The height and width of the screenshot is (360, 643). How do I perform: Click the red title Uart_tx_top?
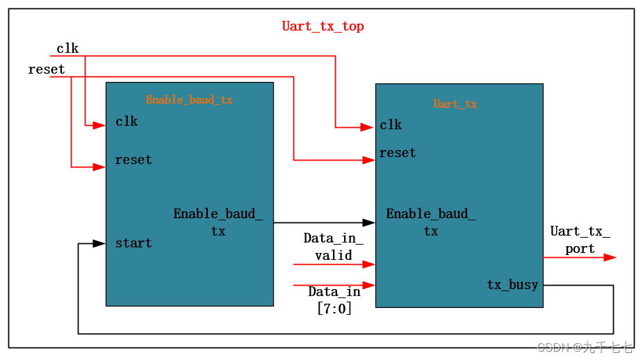[x=323, y=26]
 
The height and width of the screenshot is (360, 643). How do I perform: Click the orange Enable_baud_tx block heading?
[x=189, y=100]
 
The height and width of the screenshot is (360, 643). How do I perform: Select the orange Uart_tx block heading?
[x=455, y=104]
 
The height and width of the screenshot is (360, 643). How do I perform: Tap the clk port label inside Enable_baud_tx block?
[x=127, y=122]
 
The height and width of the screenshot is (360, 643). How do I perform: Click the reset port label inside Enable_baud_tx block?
[x=133, y=160]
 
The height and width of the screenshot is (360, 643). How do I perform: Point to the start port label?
[x=133, y=243]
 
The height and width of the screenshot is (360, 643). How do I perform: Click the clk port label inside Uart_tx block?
[x=391, y=125]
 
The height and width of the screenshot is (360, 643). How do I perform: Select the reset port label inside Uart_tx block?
[x=398, y=153]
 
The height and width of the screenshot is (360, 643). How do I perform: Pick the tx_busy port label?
[x=512, y=285]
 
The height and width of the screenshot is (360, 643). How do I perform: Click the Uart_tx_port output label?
[x=580, y=240]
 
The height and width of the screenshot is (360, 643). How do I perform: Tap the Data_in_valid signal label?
[x=333, y=247]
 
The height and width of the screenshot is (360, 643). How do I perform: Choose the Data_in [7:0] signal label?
[x=334, y=300]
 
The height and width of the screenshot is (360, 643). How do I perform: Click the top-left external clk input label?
[x=67, y=49]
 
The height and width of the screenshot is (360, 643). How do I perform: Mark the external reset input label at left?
[x=47, y=69]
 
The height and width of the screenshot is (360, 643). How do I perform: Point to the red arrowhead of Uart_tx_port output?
[x=609, y=257]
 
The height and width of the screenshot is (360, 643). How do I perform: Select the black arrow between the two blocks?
[x=324, y=222]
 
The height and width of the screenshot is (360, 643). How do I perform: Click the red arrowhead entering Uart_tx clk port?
[x=367, y=127]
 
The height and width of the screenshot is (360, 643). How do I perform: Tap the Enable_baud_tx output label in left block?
[x=218, y=222]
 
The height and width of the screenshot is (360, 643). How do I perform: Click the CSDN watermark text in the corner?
[x=584, y=347]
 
